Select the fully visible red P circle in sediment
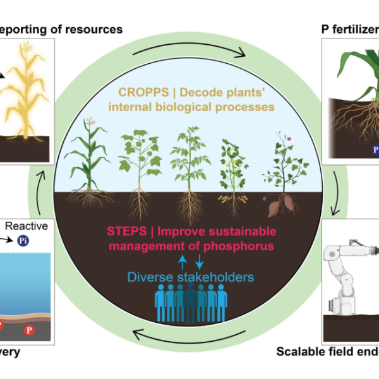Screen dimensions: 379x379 29,330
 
